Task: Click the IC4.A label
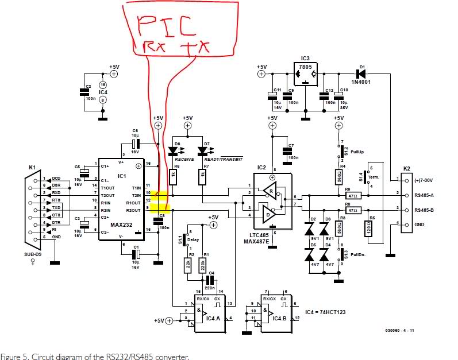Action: click(x=214, y=318)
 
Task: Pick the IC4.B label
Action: click(x=280, y=318)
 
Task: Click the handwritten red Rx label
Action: click(x=148, y=47)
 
